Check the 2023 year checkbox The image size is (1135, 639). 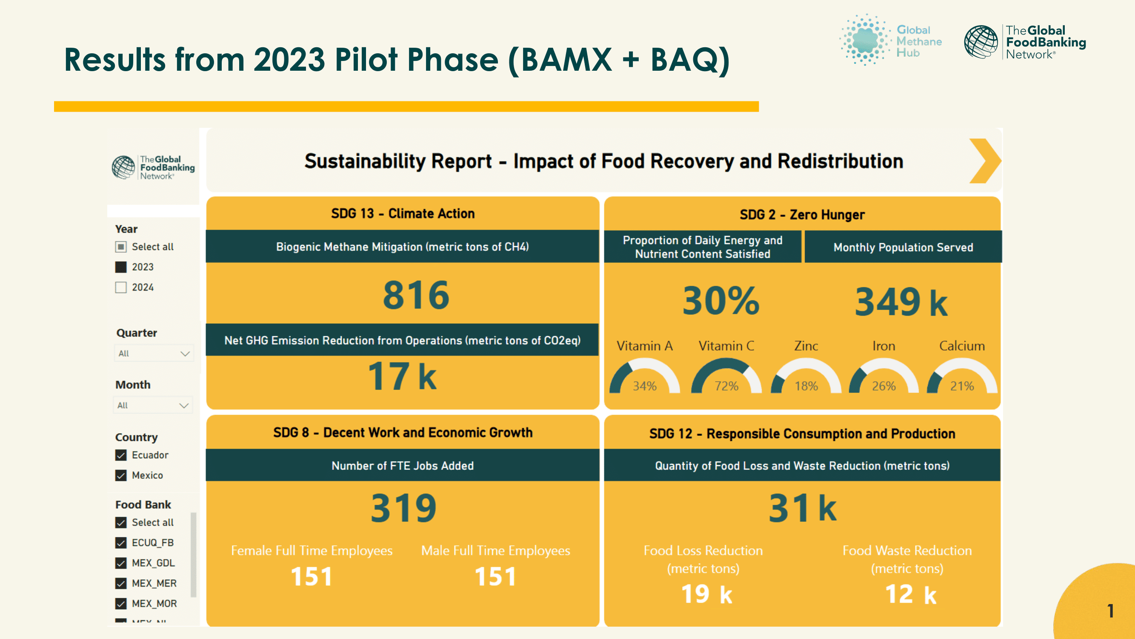121,267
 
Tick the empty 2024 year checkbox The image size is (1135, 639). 121,287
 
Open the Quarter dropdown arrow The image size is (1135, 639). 185,354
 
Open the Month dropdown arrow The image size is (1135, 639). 184,405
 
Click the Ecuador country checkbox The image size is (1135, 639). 121,455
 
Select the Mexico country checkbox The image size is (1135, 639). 121,475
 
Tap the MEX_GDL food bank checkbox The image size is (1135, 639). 121,563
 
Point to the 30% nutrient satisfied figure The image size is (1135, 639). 721,301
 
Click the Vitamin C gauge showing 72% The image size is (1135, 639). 726,377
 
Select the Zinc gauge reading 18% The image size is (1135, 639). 806,377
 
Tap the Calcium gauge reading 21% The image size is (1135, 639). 962,377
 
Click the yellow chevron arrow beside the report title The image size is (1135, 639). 985,161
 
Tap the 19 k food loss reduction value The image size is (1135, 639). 706,594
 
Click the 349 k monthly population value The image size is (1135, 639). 901,302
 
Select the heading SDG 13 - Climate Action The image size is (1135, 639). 403,213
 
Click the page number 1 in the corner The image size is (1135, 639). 1110,611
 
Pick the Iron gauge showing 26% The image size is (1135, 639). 884,377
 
